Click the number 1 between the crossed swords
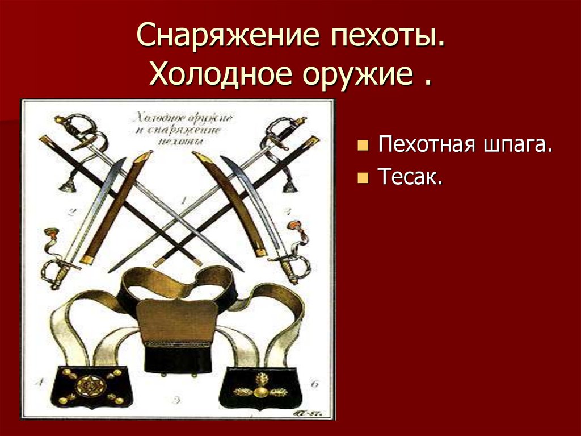pyautogui.click(x=183, y=200)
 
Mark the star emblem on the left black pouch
pyautogui.click(x=87, y=386)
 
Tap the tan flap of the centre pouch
pyautogui.click(x=177, y=318)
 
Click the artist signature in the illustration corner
pyautogui.click(x=308, y=410)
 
